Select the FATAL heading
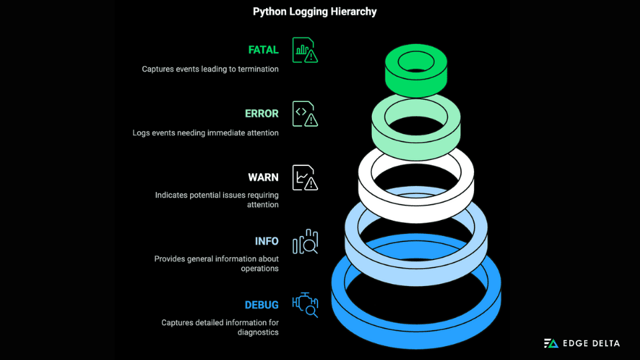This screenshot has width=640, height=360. point(263,50)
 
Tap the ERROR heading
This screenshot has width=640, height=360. point(261,114)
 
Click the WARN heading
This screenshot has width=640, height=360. point(263,177)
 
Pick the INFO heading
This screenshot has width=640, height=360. point(267,241)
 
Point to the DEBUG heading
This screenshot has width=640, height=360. point(261,305)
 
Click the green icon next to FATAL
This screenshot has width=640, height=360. point(305,50)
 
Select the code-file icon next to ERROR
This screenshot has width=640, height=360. point(305,114)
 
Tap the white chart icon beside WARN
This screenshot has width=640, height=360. point(305,177)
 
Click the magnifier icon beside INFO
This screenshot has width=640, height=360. point(305,241)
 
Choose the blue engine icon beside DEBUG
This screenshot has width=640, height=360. point(305,305)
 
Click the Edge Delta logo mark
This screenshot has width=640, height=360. point(551,343)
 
